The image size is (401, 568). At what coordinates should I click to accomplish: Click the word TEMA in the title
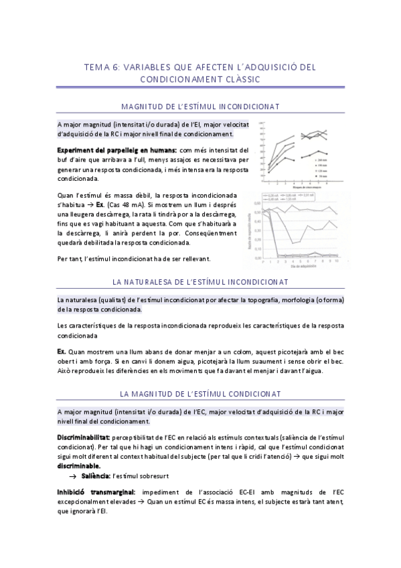[94, 67]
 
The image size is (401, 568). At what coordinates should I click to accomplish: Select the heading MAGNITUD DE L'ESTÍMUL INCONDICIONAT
[200, 106]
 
